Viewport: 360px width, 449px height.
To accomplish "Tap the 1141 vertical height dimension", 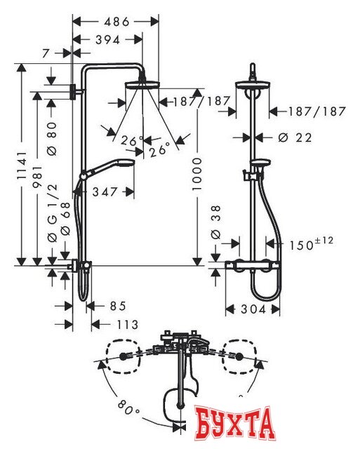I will click(21, 165).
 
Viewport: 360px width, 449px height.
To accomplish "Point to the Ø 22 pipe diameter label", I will click(294, 138).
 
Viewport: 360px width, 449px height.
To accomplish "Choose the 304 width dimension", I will click(252, 309).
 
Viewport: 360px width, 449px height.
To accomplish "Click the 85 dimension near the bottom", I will click(117, 305).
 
